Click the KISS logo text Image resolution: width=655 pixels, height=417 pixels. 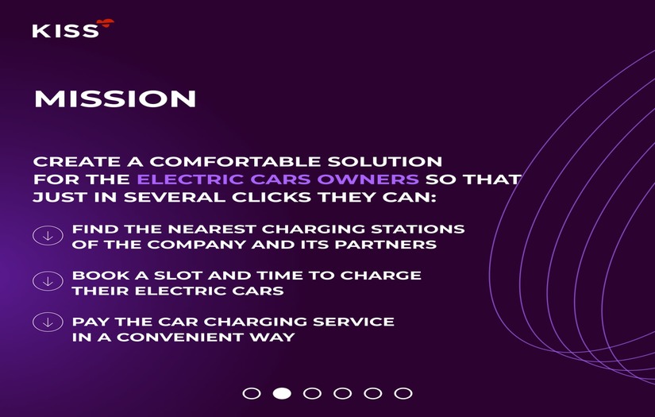(66, 31)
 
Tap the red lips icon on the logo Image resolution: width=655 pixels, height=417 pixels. (105, 22)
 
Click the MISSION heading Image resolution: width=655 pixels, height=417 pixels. (115, 99)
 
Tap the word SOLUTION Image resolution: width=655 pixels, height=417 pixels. (385, 162)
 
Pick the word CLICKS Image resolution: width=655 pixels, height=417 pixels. (272, 197)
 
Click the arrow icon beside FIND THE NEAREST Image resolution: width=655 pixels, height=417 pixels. (48, 235)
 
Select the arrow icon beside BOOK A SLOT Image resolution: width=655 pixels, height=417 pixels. (48, 281)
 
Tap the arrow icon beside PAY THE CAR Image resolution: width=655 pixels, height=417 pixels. (48, 322)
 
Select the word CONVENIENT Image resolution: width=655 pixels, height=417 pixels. (179, 338)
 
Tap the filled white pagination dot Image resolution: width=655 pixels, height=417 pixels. (282, 393)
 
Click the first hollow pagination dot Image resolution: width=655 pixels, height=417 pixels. (252, 393)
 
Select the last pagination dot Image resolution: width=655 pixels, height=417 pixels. (403, 393)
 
